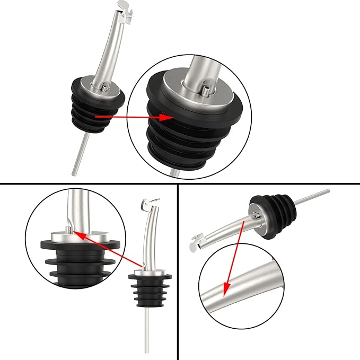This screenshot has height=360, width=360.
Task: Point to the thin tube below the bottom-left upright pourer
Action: click(x=146, y=334)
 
